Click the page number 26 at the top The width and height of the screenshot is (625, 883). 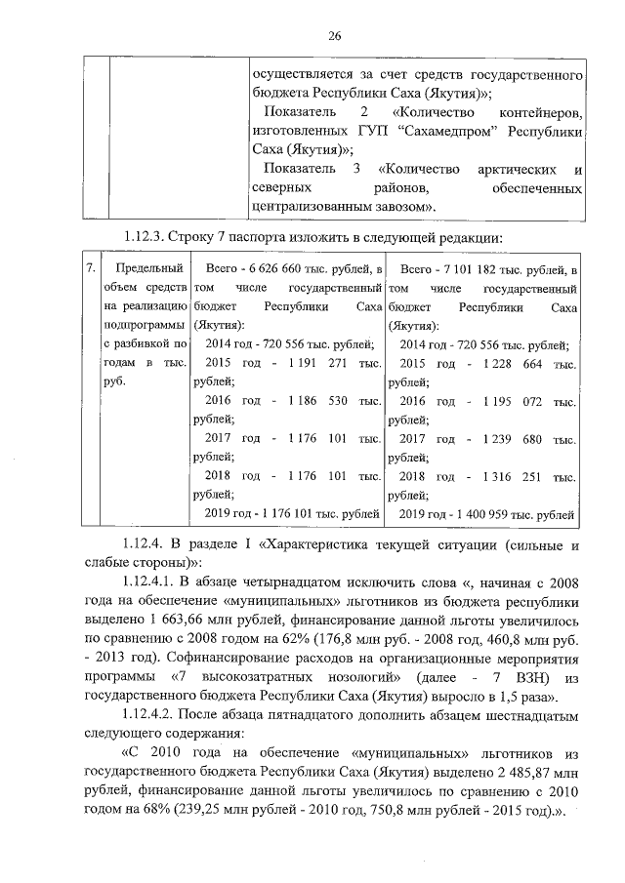(333, 36)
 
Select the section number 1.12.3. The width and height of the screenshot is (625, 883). (146, 237)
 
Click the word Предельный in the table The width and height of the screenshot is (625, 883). (149, 268)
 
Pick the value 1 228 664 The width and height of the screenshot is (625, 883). (512, 363)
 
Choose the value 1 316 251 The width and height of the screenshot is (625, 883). (512, 477)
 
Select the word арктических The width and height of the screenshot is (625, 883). (514, 169)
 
